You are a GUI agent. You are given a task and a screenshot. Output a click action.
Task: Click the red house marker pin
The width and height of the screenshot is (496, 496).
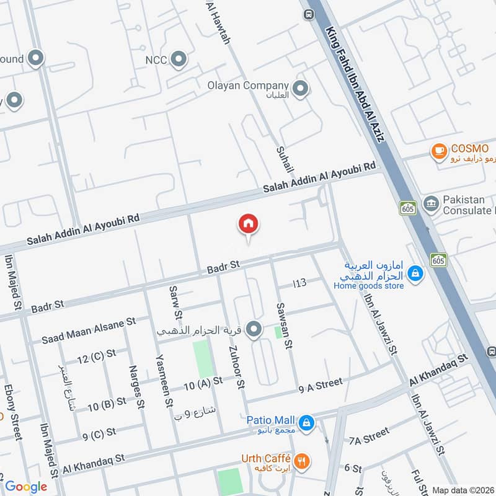pyautogui.click(x=249, y=224)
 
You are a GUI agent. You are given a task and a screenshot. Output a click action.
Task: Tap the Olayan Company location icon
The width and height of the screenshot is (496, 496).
pyautogui.click(x=301, y=89)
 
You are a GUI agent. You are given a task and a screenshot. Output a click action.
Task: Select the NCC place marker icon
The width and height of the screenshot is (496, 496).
pyautogui.click(x=179, y=60)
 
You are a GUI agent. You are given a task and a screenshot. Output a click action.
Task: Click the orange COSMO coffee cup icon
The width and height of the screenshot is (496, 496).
pyautogui.click(x=439, y=150)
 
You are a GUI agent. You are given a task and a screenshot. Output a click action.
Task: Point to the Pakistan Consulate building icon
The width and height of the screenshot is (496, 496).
pyautogui.click(x=430, y=203)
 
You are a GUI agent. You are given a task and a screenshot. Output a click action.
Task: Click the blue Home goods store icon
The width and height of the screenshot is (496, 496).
pyautogui.click(x=416, y=272)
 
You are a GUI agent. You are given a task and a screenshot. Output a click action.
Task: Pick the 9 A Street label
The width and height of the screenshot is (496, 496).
pyautogui.click(x=320, y=384)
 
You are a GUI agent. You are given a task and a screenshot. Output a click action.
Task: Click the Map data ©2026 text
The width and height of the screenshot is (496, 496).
pyautogui.click(x=463, y=490)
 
